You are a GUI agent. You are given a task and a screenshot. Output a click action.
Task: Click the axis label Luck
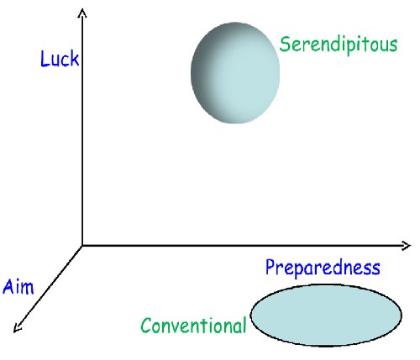coord(60,59)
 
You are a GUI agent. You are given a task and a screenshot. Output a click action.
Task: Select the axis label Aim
coord(18,286)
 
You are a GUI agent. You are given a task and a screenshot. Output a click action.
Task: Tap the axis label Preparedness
coord(323,268)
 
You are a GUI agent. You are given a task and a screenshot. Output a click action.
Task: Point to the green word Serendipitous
coord(339,44)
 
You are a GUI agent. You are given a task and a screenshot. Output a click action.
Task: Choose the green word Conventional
coord(193,326)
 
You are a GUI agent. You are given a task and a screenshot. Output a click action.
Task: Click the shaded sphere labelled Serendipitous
coord(235,73)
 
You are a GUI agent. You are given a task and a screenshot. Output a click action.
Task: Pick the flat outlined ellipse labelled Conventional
coord(326,316)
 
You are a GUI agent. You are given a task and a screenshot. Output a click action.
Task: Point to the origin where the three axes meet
coord(82,246)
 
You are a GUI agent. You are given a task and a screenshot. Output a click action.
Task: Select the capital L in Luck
coord(45,59)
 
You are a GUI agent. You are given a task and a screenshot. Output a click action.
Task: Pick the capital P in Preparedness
coord(270,266)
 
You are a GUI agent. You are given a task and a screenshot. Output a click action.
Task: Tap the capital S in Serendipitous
coord(285,44)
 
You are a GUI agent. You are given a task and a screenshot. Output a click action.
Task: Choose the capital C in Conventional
coord(146,326)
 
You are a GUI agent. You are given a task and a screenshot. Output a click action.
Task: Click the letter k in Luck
coord(74,58)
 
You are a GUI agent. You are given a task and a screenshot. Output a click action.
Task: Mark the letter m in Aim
coord(27,288)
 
